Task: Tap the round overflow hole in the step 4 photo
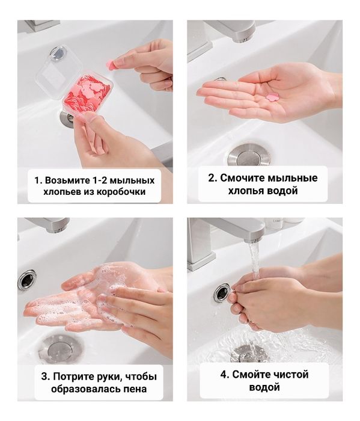(x=221, y=293)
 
